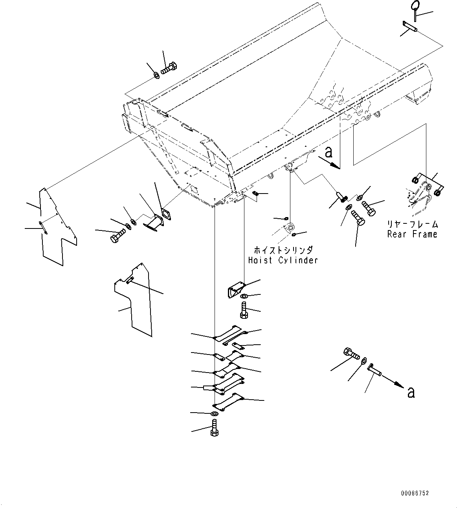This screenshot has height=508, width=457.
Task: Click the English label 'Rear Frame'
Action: (412, 234)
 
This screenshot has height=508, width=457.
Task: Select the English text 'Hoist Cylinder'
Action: (283, 260)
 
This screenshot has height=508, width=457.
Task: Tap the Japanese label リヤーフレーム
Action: (412, 224)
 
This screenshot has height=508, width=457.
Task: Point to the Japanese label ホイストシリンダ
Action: (283, 250)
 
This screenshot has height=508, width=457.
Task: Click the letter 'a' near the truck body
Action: (329, 152)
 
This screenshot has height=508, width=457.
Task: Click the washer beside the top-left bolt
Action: (157, 75)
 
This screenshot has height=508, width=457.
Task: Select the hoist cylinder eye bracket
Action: (289, 228)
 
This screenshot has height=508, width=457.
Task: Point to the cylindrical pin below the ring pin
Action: (409, 27)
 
